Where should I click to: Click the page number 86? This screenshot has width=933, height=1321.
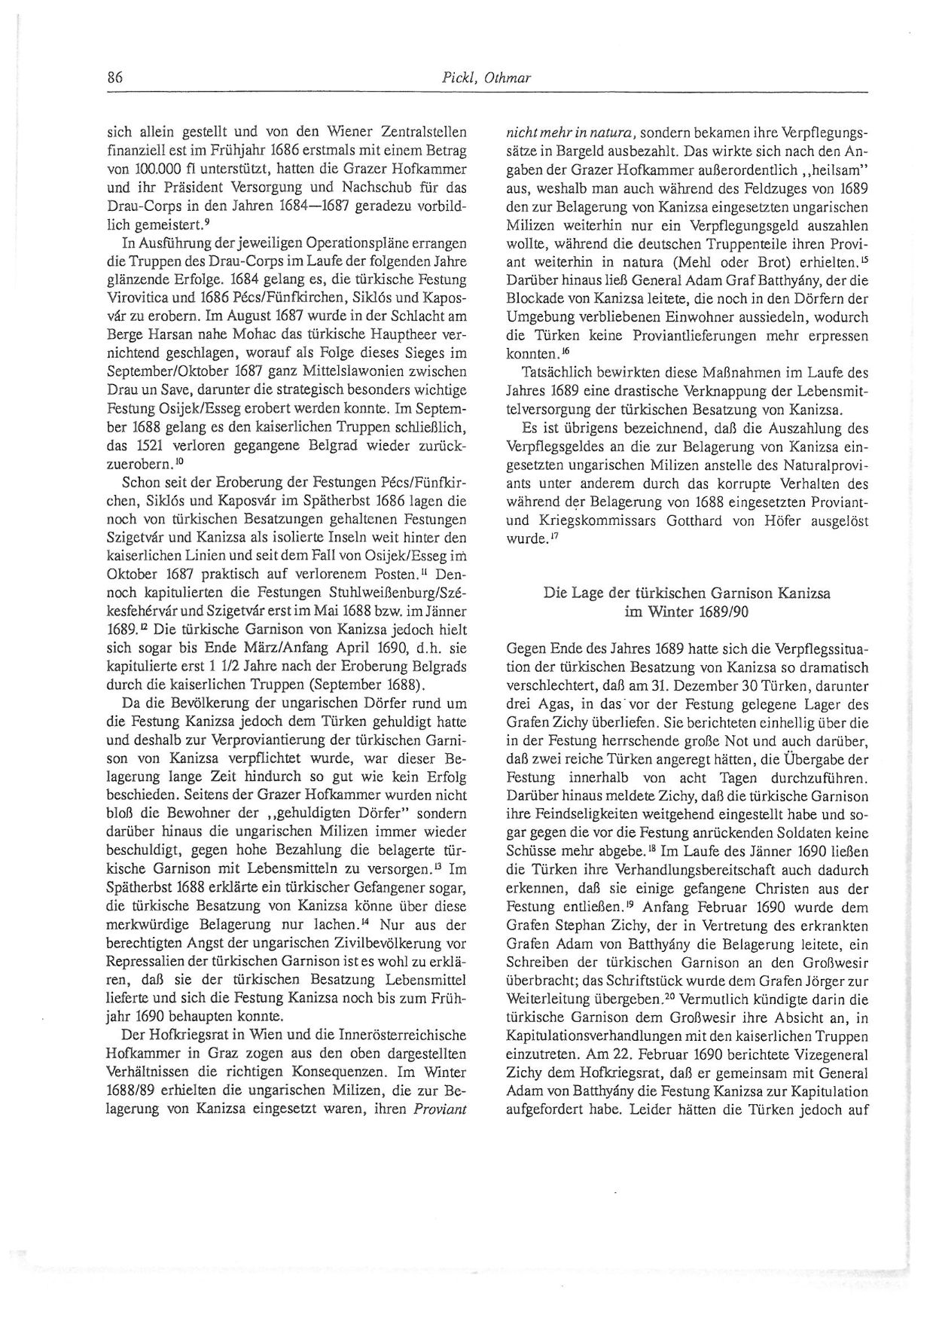tap(115, 78)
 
